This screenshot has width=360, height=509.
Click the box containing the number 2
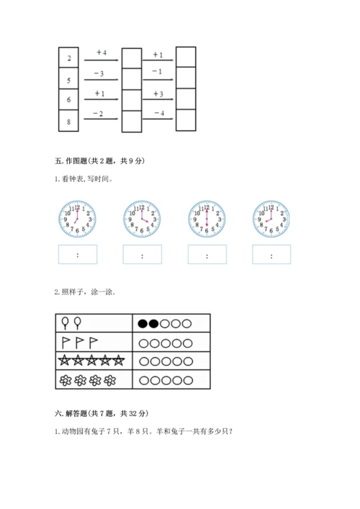68,58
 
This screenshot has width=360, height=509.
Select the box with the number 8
68,122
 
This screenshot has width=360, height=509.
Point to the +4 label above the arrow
100,53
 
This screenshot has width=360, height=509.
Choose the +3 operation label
158,94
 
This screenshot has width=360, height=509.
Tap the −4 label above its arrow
158,113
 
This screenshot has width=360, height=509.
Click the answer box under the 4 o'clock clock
142,255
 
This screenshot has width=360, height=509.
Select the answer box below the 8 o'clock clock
271,255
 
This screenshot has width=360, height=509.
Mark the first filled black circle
143,323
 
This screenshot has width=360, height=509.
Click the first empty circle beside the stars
143,361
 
